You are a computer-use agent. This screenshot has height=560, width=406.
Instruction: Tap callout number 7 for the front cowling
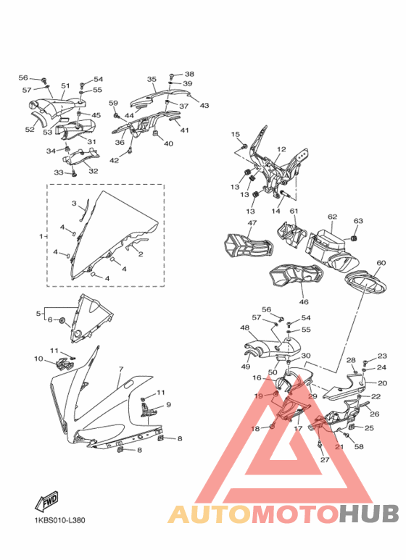point(121,369)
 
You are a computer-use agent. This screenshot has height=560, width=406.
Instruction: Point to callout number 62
point(332,217)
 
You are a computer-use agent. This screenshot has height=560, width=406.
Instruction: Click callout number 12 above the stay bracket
point(281,149)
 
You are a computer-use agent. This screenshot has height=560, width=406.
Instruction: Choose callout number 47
point(252,223)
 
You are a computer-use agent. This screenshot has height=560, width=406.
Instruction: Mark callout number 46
point(304,302)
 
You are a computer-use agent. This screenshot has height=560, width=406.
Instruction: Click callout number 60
point(381,263)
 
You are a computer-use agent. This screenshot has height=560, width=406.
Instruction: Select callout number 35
point(152,79)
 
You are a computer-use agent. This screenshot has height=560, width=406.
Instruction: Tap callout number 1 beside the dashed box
point(41,236)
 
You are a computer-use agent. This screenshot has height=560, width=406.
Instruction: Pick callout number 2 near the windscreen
point(141,254)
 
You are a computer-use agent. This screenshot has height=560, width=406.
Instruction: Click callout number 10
point(38,359)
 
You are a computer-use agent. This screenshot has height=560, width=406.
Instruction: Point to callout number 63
point(358,221)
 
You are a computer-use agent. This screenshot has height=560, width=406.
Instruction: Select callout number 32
point(94,171)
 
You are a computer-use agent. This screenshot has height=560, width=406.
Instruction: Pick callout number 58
point(359,446)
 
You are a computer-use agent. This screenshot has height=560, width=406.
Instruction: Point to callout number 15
point(235,134)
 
